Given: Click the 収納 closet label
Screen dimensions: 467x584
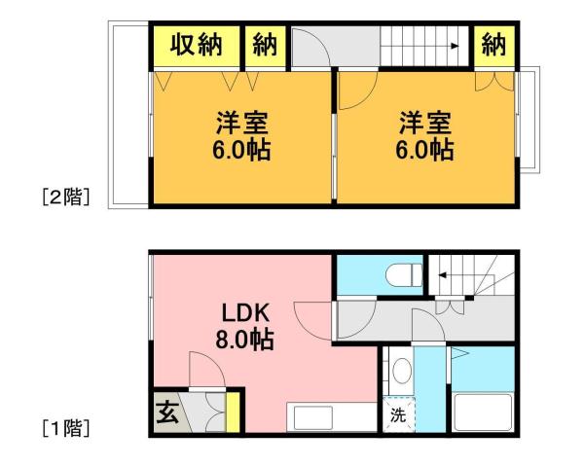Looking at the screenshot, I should pyautogui.click(x=196, y=46).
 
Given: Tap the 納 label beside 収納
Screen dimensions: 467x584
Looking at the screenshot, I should pyautogui.click(x=265, y=46).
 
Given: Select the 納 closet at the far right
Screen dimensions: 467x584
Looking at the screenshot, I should pyautogui.click(x=494, y=46).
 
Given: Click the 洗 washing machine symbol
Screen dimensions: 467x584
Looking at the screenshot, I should pyautogui.click(x=397, y=414).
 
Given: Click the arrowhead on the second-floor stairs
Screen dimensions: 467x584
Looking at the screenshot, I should pyautogui.click(x=455, y=45).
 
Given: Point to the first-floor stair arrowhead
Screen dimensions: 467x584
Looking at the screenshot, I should pyautogui.click(x=441, y=275).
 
